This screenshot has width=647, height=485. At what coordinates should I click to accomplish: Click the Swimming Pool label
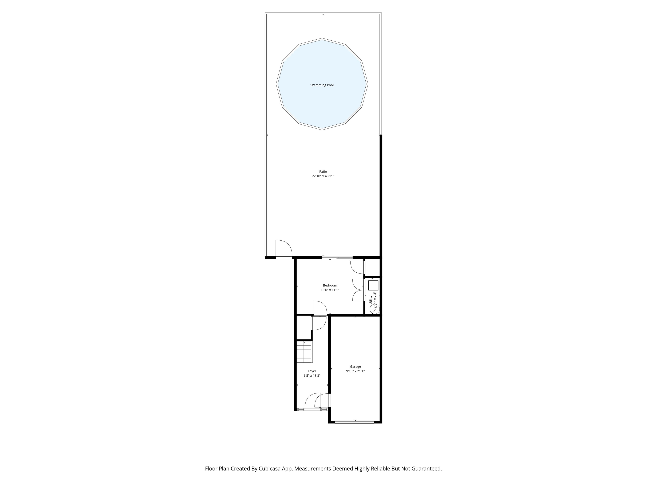pos(322,85)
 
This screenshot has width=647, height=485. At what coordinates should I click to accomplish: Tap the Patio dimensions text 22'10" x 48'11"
pos(323,176)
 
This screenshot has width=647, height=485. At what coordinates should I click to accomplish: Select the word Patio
pos(323,172)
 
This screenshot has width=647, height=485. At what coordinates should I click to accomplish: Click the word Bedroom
pos(330,285)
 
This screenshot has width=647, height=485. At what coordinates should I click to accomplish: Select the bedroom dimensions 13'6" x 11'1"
pos(330,290)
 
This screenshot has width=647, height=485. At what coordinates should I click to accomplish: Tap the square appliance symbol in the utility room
pos(373,285)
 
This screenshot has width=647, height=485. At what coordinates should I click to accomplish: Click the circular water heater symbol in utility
pos(375,308)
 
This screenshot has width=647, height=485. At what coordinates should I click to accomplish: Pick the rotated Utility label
pos(371,300)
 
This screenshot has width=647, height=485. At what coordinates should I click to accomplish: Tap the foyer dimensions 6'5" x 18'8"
pos(312,376)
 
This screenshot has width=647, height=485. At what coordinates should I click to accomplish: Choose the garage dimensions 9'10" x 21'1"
pos(355,371)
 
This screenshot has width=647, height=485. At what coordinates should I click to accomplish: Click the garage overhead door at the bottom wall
pos(354,422)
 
